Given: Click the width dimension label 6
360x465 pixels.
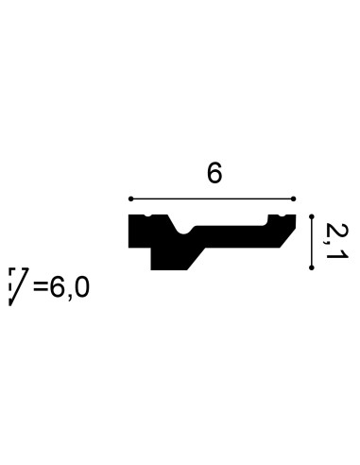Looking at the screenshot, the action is coord(214,174).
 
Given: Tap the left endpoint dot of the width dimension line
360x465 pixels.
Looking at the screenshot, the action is coord(131,198).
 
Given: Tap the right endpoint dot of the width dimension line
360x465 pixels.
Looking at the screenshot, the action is coord(293,198).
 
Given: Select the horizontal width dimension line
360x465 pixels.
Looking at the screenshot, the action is coord(212,198).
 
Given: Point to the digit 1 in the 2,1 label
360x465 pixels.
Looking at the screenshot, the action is coord(337,254).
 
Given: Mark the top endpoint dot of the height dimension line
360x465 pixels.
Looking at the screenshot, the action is coord(312,216).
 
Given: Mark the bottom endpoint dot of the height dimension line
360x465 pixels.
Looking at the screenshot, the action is coord(312,267).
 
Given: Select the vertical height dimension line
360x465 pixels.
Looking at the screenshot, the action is coord(312,242).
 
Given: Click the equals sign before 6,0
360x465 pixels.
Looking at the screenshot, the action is coord(41,287).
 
